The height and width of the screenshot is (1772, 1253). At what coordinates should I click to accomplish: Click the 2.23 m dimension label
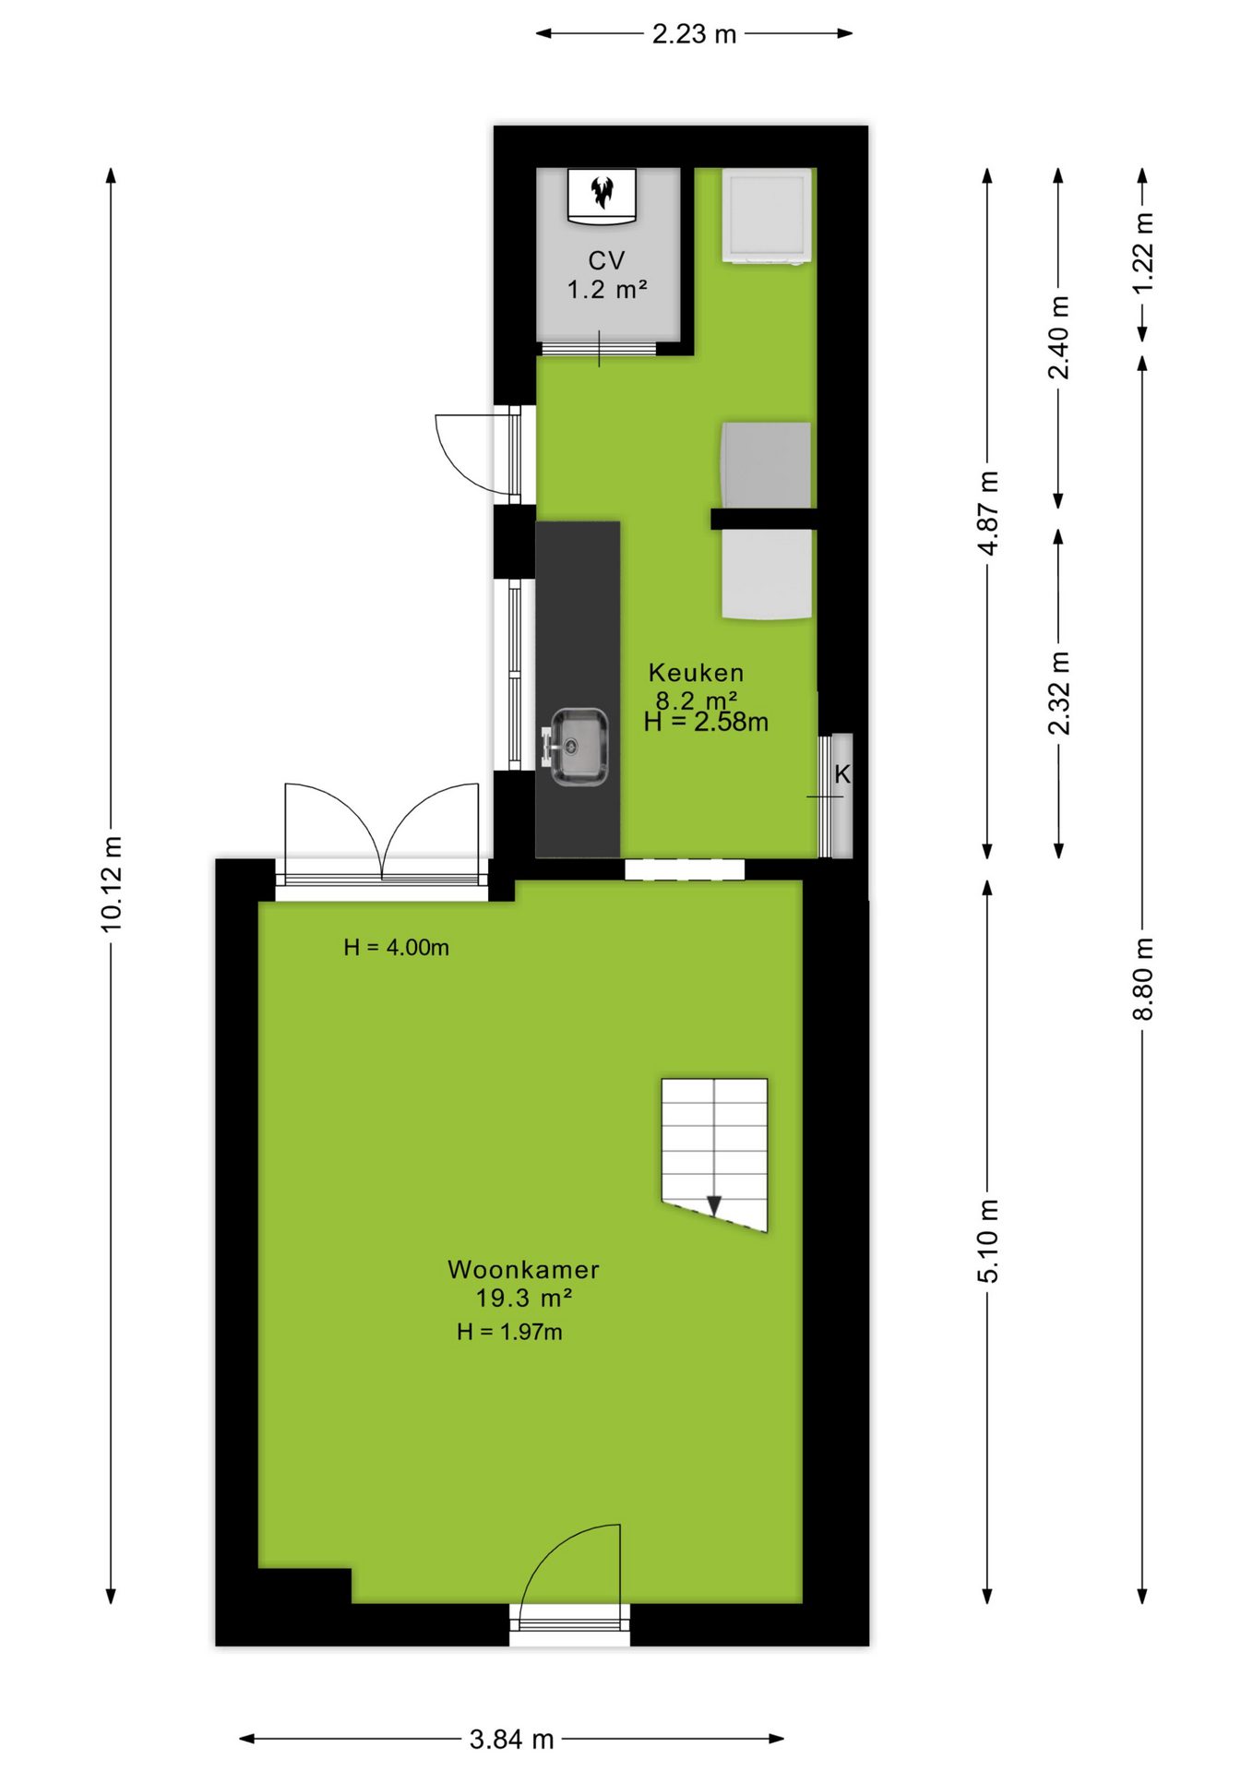(x=694, y=34)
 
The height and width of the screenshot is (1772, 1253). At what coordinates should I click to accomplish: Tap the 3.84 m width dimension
(x=511, y=1740)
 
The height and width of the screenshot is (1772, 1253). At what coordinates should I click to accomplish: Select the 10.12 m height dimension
(x=112, y=884)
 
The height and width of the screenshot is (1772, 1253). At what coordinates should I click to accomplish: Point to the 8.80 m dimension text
(x=1143, y=978)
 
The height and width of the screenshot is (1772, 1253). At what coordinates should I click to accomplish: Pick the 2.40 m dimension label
(x=1059, y=338)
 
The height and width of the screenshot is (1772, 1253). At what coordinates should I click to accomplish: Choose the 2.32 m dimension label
(x=1059, y=693)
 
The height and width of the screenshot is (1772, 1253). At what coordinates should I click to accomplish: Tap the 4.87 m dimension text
(x=988, y=513)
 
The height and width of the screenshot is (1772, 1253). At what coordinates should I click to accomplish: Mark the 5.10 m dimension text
(x=988, y=1241)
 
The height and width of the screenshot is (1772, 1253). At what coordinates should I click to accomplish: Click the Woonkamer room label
(x=523, y=1270)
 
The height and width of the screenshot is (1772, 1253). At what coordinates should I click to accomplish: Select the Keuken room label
(x=696, y=673)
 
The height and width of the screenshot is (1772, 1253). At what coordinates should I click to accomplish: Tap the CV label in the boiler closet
(x=606, y=261)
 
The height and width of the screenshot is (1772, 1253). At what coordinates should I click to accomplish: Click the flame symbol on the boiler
(x=603, y=192)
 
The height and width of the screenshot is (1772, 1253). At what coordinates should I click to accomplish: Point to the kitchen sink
(x=579, y=747)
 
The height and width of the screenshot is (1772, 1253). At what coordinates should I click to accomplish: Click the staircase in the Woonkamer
(x=714, y=1154)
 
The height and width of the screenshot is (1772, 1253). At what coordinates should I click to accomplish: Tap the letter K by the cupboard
(x=842, y=774)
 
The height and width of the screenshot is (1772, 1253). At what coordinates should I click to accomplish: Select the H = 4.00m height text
(x=396, y=948)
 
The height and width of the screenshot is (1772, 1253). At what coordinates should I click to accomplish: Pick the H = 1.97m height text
(x=509, y=1332)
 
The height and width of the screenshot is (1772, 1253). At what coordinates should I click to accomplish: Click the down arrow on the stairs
(x=714, y=1205)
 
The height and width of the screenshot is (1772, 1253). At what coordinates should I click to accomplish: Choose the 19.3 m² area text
(x=523, y=1299)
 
